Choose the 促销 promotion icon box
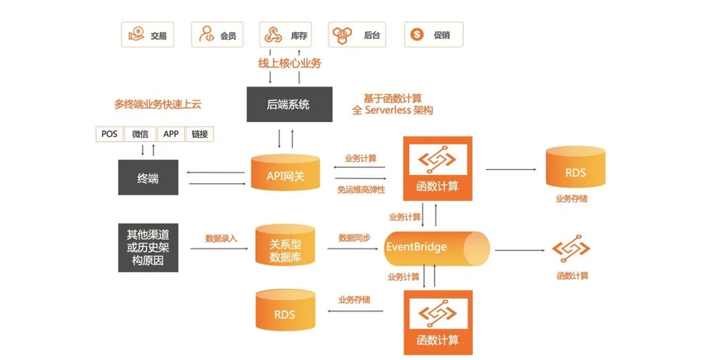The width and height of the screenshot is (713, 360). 433,35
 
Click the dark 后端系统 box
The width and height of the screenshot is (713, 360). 289,104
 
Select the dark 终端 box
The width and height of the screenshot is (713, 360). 149,178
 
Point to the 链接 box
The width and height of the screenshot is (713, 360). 200,134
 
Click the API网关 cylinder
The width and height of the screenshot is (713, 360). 285,173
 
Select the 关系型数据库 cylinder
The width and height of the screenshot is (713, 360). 286,245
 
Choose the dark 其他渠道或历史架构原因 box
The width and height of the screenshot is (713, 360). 149,246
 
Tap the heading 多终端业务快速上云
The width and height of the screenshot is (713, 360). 158,105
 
